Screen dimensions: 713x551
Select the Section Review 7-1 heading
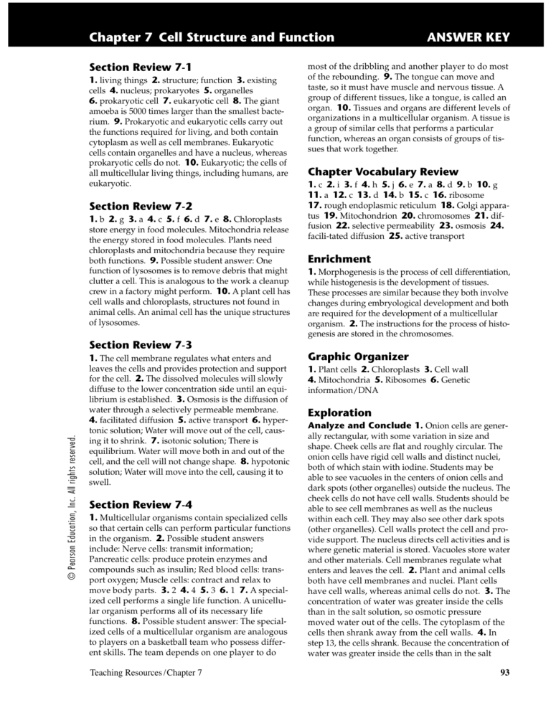tap(136, 67)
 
